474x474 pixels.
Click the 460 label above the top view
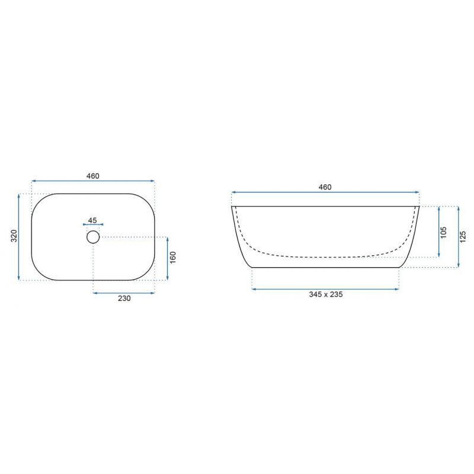coord(93,176)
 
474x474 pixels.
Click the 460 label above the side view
coord(325,187)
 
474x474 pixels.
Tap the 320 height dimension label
coord(14,236)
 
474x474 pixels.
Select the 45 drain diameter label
coord(92,220)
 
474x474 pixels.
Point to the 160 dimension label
coord(172,258)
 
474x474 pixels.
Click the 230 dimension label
coord(124,299)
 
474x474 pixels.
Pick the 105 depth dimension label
coord(443,232)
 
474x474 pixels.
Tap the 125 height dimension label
coord(463,236)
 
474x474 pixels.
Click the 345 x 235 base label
coord(326,294)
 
